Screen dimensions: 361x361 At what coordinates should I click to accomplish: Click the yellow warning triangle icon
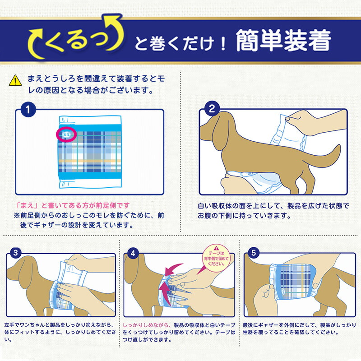16,81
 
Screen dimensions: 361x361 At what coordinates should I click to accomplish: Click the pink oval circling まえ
67,134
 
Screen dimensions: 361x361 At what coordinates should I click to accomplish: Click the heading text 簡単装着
283,42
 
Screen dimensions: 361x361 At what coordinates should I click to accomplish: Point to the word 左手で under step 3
14,324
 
